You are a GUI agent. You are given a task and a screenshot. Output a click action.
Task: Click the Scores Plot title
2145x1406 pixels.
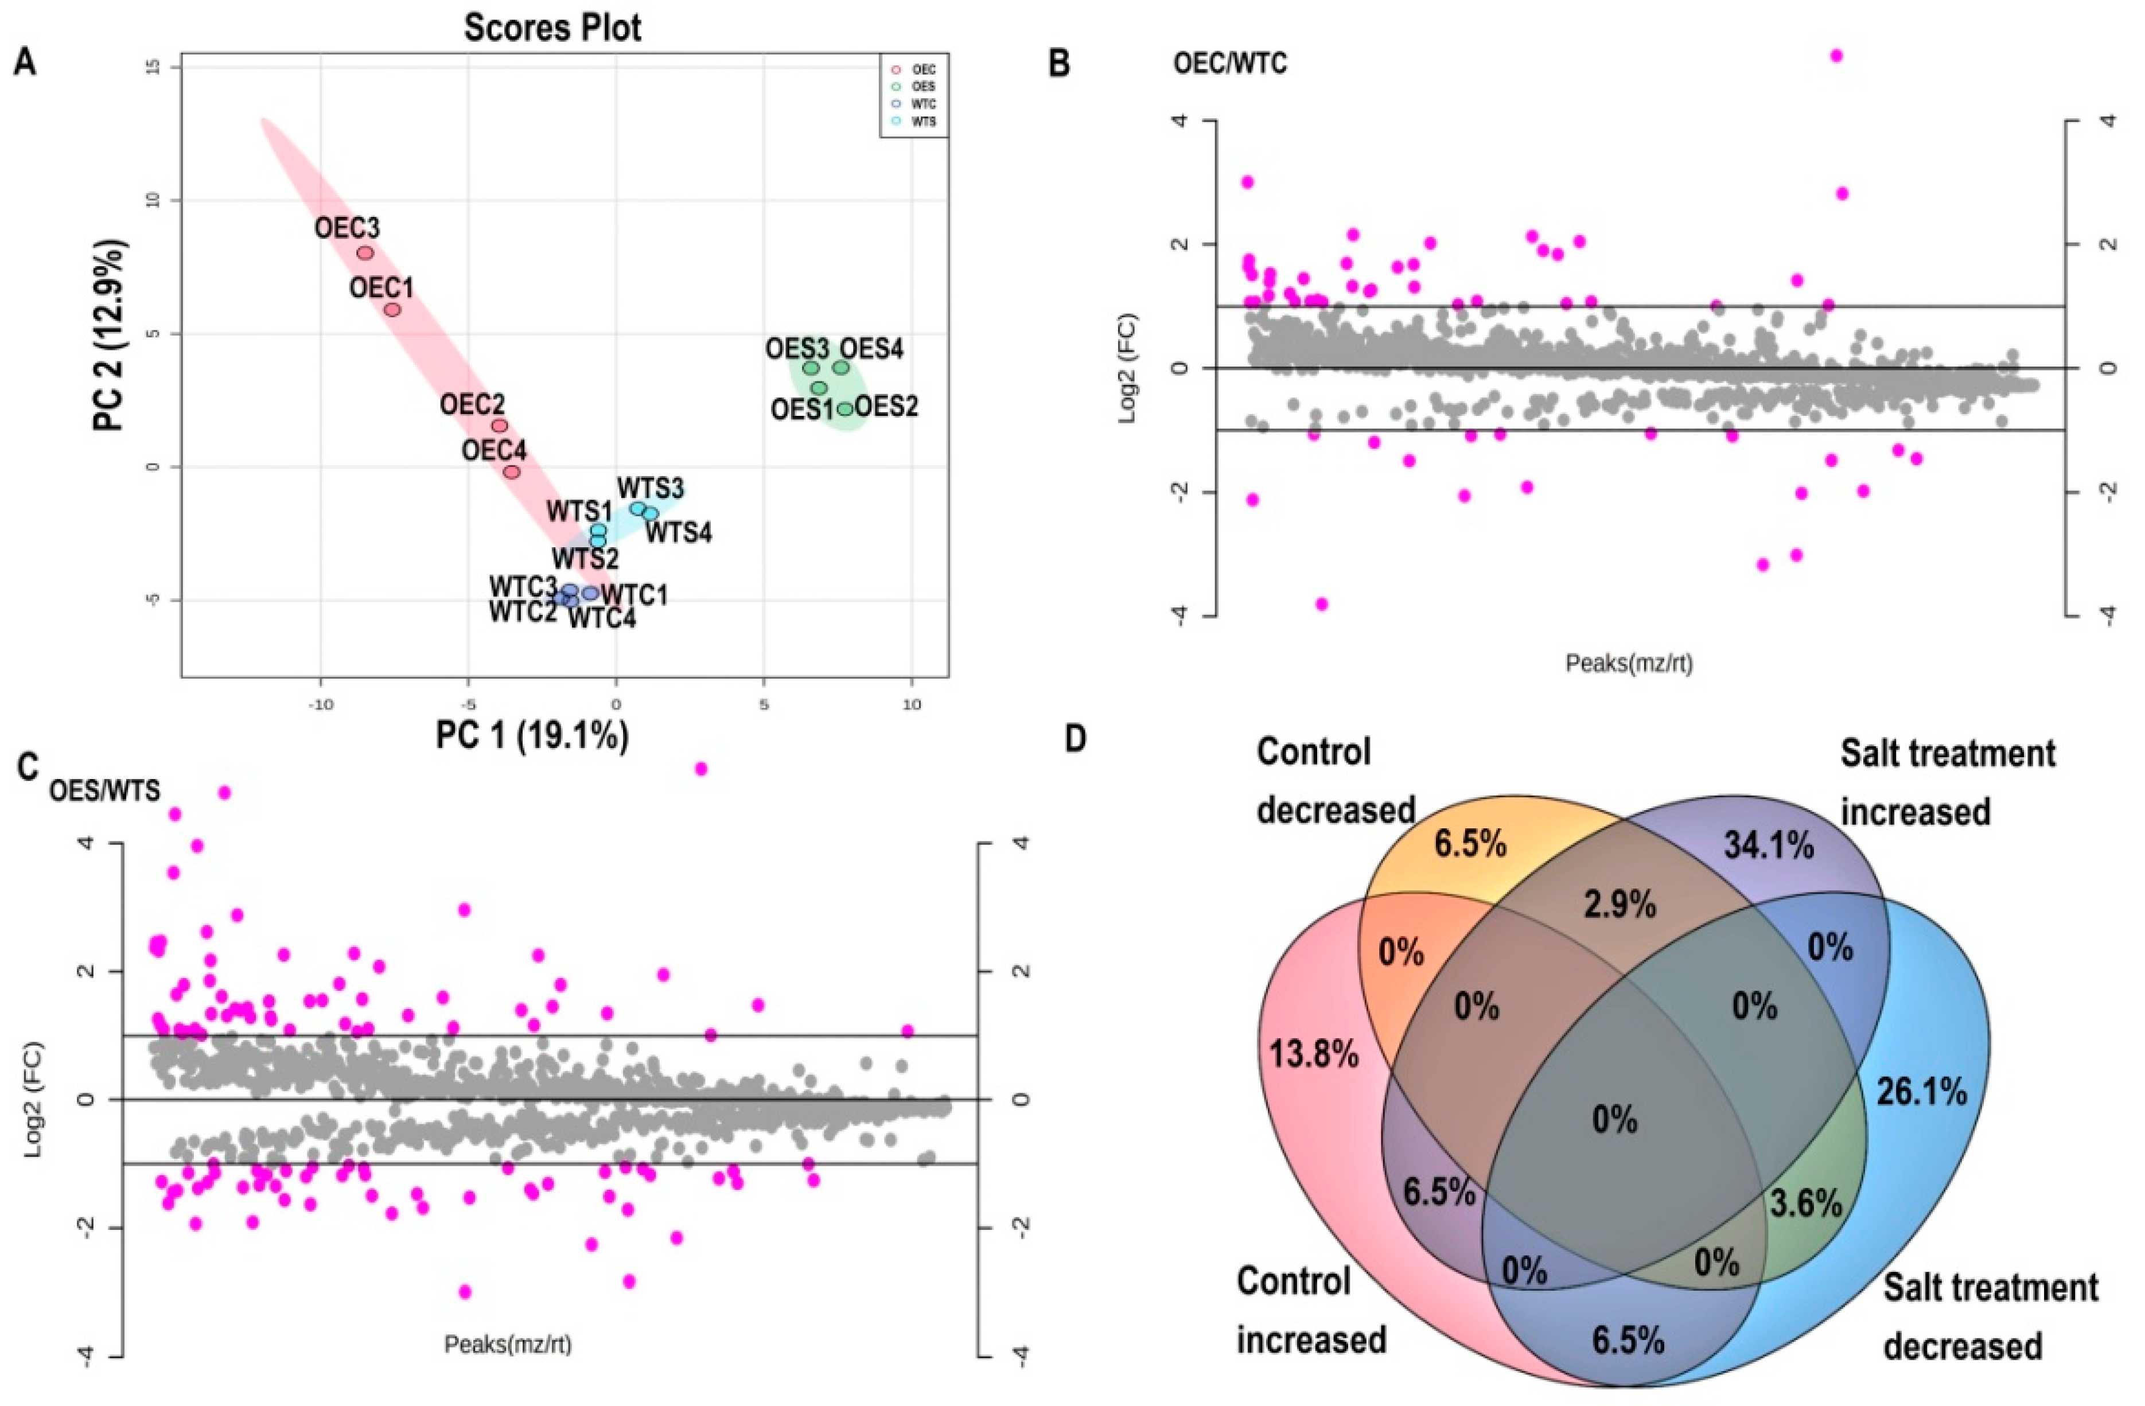tap(552, 29)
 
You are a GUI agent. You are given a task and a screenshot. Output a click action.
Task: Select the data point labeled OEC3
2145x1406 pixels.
tap(365, 253)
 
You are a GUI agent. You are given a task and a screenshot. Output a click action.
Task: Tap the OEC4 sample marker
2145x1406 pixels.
tap(512, 472)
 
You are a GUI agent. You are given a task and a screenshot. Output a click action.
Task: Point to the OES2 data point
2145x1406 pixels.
tap(844, 409)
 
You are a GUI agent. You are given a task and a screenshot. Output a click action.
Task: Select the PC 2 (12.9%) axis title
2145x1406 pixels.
tap(112, 335)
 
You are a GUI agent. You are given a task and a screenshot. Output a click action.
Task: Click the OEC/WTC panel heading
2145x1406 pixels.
tap(1229, 65)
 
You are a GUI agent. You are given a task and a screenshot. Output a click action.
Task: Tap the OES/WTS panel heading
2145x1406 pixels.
tap(104, 791)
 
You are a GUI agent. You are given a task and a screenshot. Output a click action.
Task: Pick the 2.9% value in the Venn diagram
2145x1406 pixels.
tap(1620, 904)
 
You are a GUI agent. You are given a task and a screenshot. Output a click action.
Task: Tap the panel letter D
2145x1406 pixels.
tap(1075, 739)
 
